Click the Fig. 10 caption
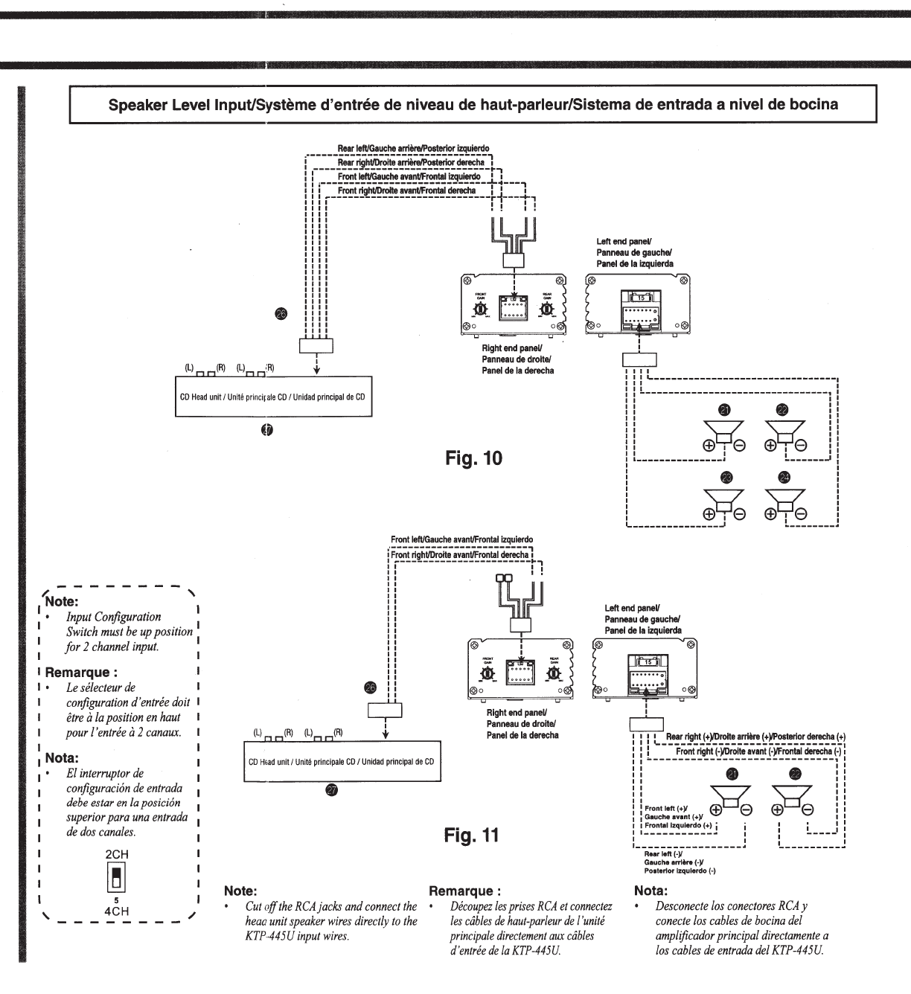473,458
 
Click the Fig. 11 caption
471,836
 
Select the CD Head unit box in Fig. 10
272,397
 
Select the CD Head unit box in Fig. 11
342,762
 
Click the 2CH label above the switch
117,855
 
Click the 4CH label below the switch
117,911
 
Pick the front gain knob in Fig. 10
481,308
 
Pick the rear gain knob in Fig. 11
553,673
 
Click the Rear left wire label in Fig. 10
413,149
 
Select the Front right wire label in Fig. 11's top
459,555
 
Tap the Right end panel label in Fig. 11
522,723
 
